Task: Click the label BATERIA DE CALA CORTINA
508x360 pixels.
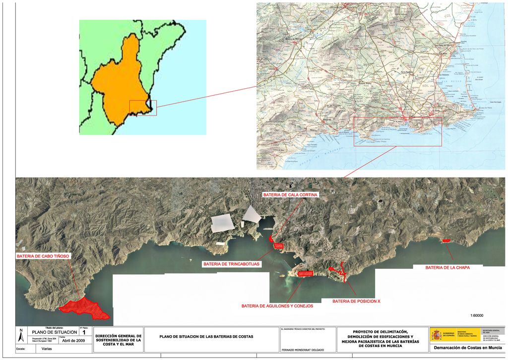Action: coord(290,195)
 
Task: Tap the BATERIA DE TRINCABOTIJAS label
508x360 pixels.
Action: coord(232,264)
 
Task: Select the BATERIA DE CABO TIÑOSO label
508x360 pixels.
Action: coord(43,256)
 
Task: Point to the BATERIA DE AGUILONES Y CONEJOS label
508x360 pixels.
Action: coord(277,306)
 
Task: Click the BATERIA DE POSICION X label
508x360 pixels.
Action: coord(356,301)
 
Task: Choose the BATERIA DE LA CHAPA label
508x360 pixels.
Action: coord(447,267)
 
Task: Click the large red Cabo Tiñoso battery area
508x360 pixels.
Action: coord(84,307)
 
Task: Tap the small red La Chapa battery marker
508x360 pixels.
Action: coord(446,240)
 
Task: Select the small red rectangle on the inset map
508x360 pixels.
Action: coord(143,108)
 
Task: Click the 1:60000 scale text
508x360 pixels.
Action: coord(476,315)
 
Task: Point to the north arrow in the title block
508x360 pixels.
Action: coord(20,335)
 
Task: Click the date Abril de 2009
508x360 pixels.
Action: coord(74,341)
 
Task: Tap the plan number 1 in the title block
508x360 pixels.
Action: coord(84,333)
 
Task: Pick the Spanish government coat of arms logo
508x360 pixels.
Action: coord(437,335)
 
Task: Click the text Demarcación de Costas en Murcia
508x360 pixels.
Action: coord(467,348)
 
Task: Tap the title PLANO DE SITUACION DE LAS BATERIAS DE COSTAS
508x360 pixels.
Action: coord(206,337)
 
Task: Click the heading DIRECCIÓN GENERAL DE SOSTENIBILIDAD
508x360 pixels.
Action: coord(118,338)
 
